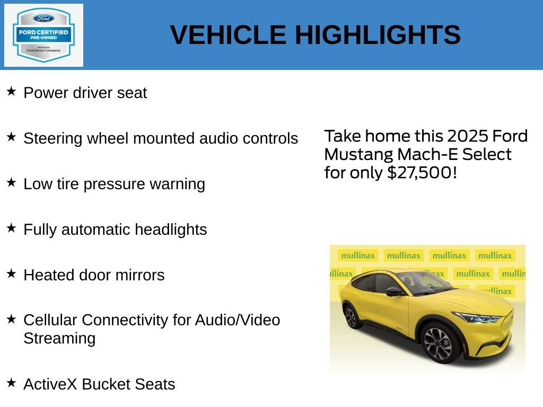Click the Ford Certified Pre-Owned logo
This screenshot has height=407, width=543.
click(43, 35)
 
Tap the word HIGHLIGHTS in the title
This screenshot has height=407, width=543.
click(378, 35)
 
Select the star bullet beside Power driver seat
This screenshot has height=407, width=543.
click(11, 92)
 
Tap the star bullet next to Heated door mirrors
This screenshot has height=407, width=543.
click(11, 274)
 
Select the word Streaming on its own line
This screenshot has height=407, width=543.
click(59, 338)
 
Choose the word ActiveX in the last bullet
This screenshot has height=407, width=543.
click(50, 384)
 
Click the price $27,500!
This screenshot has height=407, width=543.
click(422, 173)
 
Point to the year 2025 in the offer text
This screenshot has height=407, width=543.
click(468, 136)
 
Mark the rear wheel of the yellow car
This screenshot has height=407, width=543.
click(351, 316)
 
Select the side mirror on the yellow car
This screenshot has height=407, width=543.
click(395, 291)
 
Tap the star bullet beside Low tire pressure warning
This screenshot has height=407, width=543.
click(11, 183)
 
